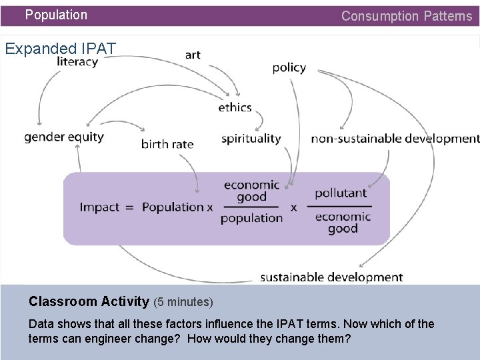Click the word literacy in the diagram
tap(77, 62)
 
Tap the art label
tap(193, 55)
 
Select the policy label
tap(289, 67)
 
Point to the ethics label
tap(235, 107)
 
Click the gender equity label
tap(64, 137)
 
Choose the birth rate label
tap(167, 143)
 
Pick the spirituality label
tap(251, 139)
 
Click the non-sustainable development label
tap(395, 139)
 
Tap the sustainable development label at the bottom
tap(331, 277)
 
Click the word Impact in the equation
tap(99, 207)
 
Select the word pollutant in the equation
tap(341, 193)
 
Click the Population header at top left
tap(56, 15)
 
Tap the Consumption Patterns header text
tap(406, 16)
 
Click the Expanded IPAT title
tap(61, 48)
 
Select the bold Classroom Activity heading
tap(89, 301)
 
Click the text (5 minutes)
tap(183, 302)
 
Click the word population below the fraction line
tap(251, 218)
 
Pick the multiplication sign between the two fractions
tap(294, 207)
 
